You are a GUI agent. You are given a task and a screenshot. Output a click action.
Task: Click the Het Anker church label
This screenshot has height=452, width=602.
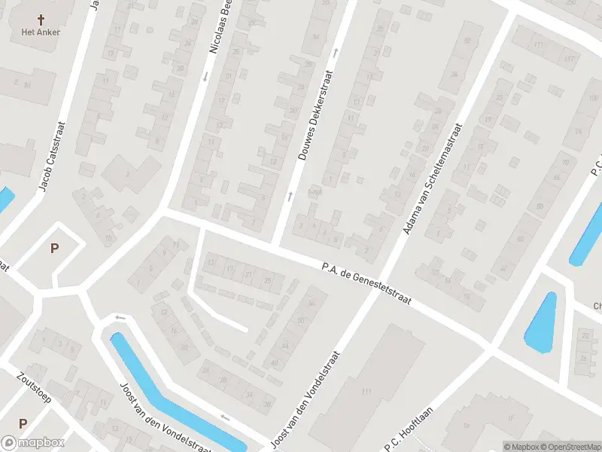pos(41,32)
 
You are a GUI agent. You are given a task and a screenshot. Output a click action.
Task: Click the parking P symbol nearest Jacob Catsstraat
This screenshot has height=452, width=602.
pos(54,248)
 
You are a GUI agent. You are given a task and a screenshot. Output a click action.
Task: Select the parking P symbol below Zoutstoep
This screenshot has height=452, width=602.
pos(23,424)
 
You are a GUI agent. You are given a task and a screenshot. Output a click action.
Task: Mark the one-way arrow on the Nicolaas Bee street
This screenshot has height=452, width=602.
pos(205,75)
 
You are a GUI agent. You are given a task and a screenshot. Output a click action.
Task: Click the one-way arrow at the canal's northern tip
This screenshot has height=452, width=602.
pos(119,317)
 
